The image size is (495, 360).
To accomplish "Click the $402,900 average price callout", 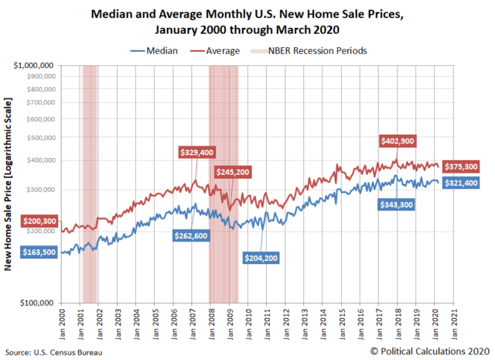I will click(398, 141).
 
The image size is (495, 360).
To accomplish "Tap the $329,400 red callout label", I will click(196, 153).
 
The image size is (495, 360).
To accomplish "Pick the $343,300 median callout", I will click(398, 204).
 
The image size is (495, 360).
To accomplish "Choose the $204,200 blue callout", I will click(260, 257).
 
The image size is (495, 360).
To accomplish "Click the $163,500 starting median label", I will click(38, 252).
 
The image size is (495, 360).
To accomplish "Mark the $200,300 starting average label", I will click(38, 221).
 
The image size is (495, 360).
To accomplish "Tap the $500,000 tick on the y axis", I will click(41, 137).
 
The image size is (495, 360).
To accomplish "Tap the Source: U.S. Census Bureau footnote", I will click(53, 352).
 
